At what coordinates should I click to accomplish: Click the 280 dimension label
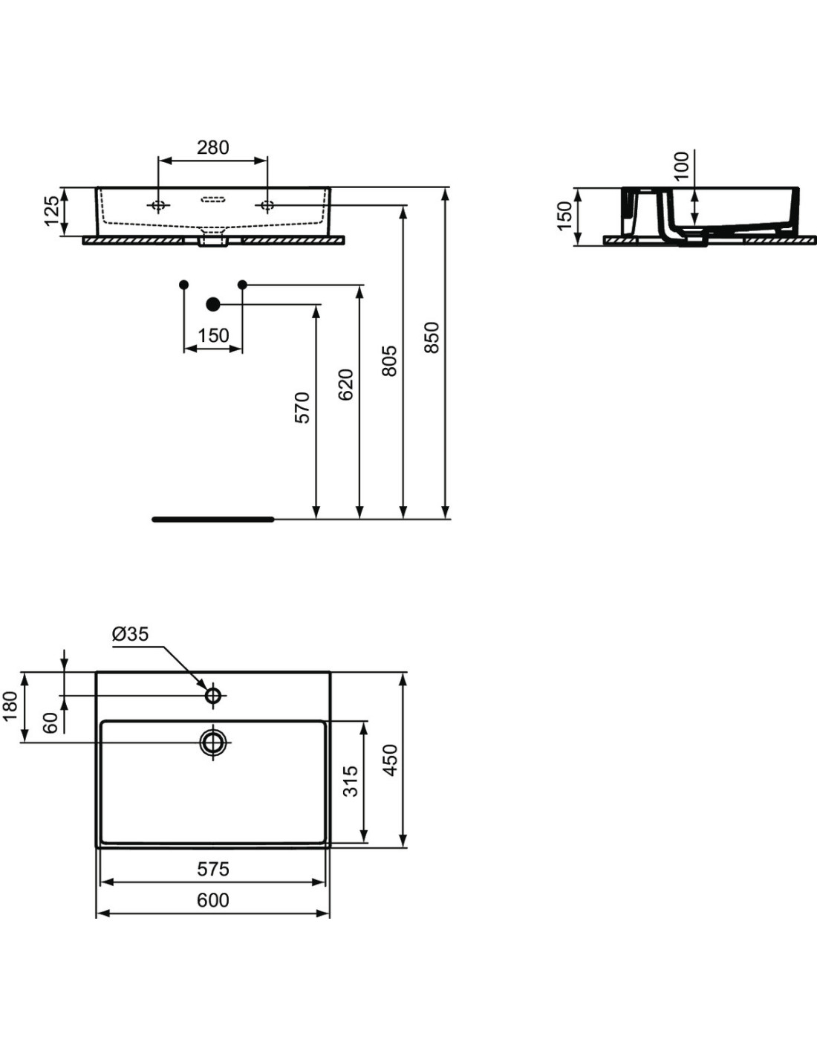[x=212, y=147]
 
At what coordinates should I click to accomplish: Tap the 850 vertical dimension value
[x=431, y=337]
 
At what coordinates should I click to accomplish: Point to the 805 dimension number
[x=388, y=361]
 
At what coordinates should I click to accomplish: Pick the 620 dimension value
[x=345, y=385]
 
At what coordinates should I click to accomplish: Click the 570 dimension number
[x=302, y=407]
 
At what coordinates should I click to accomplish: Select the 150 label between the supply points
[x=213, y=336]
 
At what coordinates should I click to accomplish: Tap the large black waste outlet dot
[x=213, y=304]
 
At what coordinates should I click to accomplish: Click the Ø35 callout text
[x=130, y=634]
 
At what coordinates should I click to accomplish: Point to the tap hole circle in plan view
[x=213, y=696]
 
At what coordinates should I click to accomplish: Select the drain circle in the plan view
[x=213, y=743]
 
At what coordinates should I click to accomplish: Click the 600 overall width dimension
[x=213, y=900]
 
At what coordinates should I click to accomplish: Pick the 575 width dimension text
[x=213, y=869]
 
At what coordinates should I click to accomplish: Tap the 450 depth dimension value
[x=390, y=760]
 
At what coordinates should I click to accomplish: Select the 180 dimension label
[x=10, y=707]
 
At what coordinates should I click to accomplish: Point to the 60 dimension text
[x=50, y=723]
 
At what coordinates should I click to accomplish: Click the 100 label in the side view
[x=681, y=166]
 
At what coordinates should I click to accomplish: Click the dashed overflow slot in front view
[x=213, y=198]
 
